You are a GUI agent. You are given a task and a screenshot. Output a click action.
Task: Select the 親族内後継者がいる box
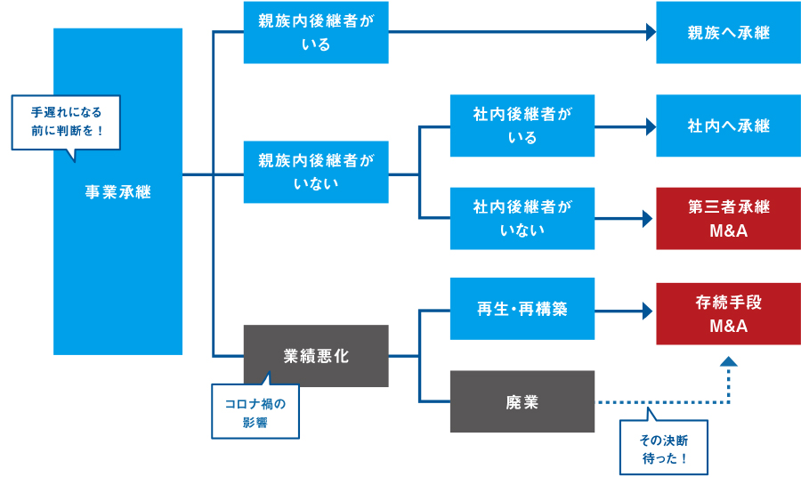[316, 33]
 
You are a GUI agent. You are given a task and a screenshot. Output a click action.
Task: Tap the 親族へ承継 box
[728, 33]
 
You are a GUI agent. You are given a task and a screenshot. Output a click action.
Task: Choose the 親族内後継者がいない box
[316, 173]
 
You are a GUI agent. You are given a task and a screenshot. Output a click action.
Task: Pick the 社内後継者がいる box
[522, 125]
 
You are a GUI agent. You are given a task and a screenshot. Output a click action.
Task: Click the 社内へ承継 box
[728, 125]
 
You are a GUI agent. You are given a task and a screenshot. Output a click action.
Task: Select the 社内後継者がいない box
[522, 218]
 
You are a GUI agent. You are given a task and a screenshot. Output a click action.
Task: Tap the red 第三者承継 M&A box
[728, 218]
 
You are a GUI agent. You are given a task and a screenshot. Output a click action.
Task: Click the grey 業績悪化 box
[316, 356]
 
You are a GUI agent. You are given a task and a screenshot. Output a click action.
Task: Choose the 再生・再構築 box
[522, 310]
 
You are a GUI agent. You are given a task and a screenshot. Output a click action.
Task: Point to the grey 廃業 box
[522, 401]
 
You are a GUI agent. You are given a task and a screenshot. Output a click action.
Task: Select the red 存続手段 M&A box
[728, 314]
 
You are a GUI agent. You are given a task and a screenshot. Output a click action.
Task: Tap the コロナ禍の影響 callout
[255, 412]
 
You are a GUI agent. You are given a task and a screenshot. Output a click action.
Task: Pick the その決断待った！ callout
[664, 450]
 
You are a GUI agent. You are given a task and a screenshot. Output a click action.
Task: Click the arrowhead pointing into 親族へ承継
[650, 33]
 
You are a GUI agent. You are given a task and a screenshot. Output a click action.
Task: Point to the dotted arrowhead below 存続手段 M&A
[728, 361]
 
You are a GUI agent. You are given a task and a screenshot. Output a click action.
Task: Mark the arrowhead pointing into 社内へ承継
[650, 125]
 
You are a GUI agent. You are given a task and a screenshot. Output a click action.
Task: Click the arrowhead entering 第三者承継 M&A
[650, 218]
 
